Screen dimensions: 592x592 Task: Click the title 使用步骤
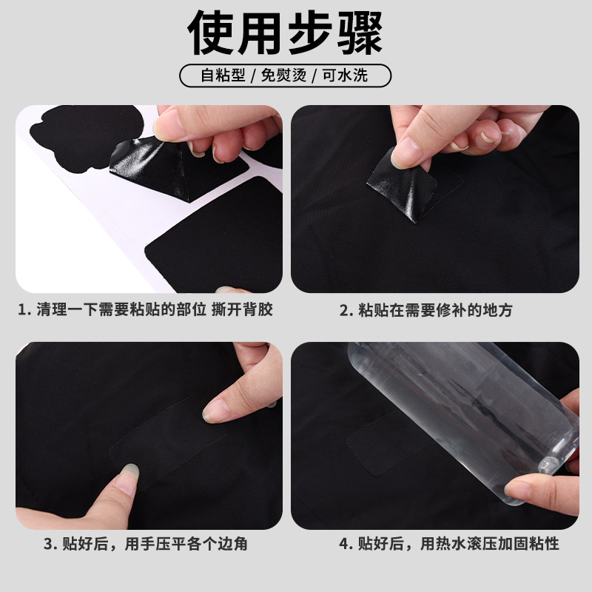pyautogui.click(x=296, y=33)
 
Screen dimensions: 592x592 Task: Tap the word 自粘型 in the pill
pyautogui.click(x=223, y=76)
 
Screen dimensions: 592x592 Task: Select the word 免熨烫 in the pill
pyautogui.click(x=285, y=76)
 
